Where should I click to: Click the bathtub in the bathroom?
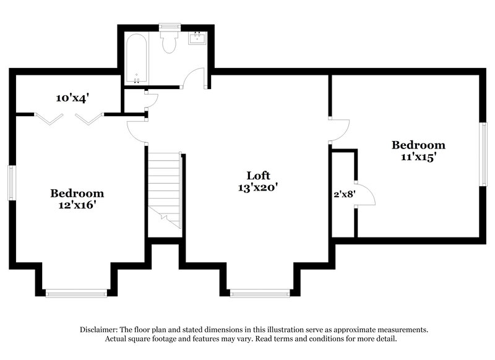[x=136, y=59]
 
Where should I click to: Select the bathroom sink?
[x=199, y=38]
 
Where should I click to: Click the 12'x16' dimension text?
[x=77, y=205]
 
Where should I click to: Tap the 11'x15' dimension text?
[x=418, y=156]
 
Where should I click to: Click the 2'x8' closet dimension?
[x=343, y=193]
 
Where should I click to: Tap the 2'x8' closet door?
[x=366, y=194]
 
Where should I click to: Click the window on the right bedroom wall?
[x=483, y=153]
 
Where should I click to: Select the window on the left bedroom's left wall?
[x=11, y=182]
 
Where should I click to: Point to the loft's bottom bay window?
[x=259, y=293]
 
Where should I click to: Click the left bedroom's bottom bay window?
[x=77, y=293]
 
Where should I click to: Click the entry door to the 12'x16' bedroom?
[x=137, y=132]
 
